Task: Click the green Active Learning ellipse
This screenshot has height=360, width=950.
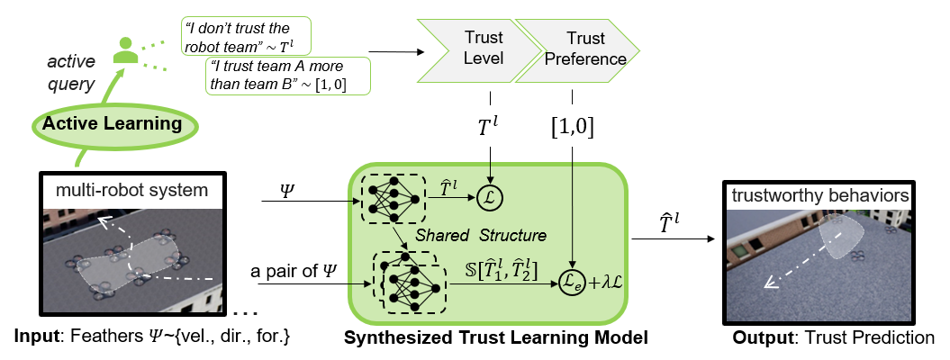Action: point(112,123)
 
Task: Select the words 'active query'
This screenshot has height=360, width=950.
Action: point(70,73)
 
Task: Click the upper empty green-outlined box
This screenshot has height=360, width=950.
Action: point(246,36)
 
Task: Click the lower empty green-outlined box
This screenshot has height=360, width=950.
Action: point(288,76)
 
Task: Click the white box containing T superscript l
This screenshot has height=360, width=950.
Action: point(487,127)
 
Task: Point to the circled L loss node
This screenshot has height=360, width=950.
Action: point(489,195)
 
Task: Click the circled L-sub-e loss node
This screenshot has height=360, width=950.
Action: point(572,282)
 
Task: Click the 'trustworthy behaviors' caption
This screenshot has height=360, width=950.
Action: point(819,195)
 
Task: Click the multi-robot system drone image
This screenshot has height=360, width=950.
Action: point(132,259)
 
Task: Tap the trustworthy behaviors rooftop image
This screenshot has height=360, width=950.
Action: point(819,265)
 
